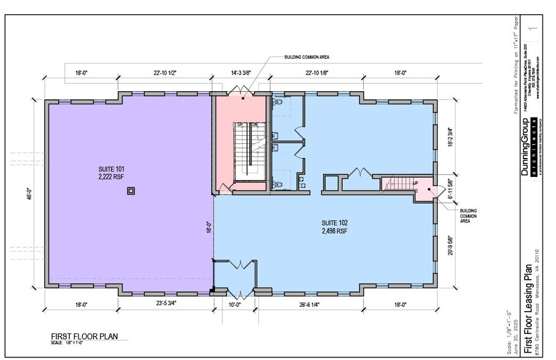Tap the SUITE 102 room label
coord(334,223)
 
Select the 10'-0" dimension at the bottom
coord(235,304)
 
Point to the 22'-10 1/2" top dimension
coord(165,72)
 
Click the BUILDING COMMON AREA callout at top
coord(307,57)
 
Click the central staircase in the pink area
coord(247,151)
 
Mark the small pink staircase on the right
coord(402,183)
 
